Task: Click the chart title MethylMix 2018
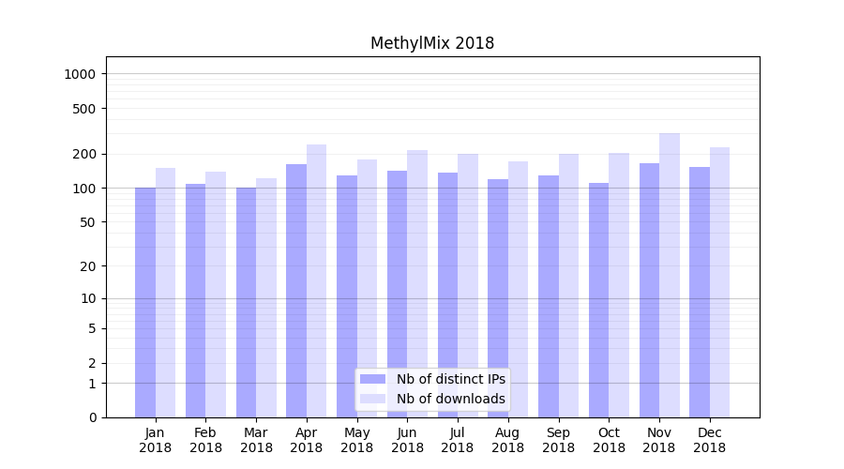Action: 432,43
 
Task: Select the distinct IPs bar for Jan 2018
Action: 145,302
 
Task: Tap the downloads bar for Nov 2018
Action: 670,275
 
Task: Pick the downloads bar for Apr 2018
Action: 317,280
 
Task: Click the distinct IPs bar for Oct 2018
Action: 598,300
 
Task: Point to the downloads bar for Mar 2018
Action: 266,297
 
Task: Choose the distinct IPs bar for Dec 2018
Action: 700,292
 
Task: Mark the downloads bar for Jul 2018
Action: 468,285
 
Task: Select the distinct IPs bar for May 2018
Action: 347,296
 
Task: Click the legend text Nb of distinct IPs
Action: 451,379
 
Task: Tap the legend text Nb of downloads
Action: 451,399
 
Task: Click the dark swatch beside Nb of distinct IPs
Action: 373,379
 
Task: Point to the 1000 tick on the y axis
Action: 88,74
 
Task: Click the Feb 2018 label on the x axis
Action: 206,440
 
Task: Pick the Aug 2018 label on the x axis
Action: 508,440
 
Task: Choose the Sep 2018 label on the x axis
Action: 559,440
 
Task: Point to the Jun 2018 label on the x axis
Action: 408,440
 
